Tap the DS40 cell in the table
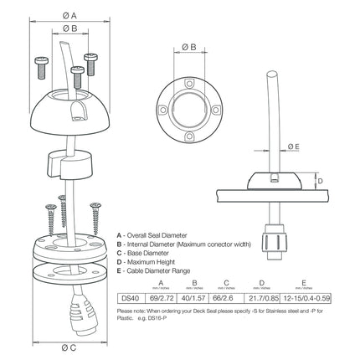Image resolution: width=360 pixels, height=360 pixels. [x=129, y=297]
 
